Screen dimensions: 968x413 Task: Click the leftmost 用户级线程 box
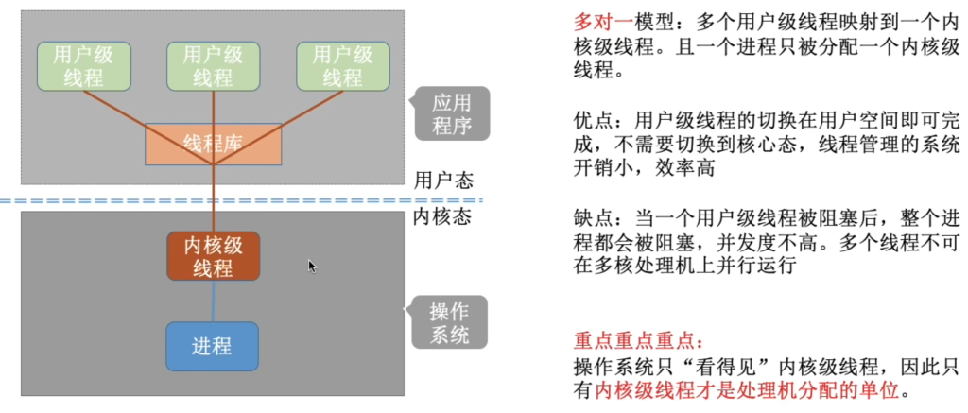click(84, 67)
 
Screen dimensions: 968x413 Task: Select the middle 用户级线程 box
click(214, 67)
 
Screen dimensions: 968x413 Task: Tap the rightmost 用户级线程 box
click(343, 67)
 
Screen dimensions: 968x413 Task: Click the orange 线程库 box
click(213, 144)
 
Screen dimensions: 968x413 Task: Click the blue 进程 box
click(212, 346)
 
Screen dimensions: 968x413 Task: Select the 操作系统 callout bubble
click(446, 321)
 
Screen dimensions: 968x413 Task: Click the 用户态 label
click(443, 181)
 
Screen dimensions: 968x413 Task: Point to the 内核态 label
click(442, 218)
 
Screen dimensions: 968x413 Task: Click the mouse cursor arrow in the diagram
click(312, 267)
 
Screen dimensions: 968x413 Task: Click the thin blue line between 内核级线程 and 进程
click(214, 301)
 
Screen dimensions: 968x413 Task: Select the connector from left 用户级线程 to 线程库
click(148, 129)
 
